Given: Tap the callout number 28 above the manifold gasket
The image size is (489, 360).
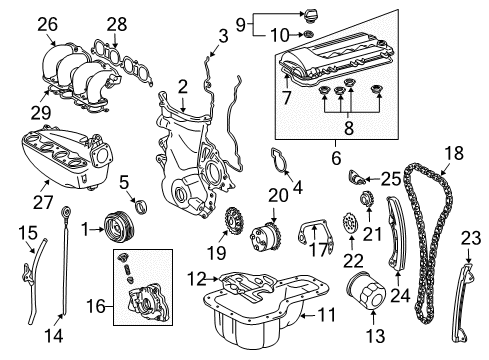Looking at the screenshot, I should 117,23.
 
